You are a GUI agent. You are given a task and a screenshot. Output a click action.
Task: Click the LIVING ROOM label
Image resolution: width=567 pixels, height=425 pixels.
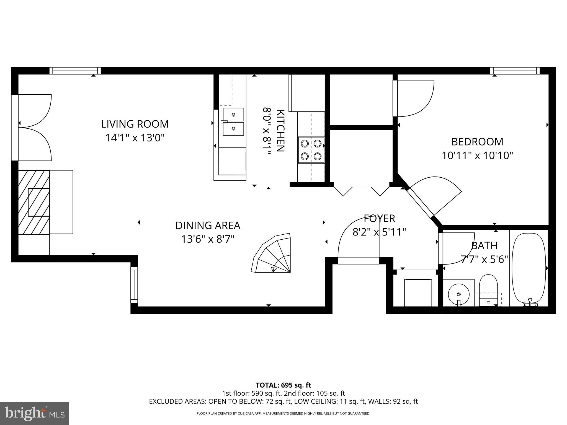[x=135, y=124]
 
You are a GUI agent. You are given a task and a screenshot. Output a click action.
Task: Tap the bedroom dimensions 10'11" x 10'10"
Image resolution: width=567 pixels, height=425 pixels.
[x=477, y=156]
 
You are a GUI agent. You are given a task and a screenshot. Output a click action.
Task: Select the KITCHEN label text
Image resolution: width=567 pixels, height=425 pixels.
[x=280, y=131]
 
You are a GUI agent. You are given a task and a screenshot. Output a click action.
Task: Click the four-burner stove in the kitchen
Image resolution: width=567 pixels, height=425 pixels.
[x=311, y=150]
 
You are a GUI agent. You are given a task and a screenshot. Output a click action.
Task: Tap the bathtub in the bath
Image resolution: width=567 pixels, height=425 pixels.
[x=529, y=268]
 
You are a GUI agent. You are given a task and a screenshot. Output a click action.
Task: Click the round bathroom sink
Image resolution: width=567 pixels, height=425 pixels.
[x=459, y=294]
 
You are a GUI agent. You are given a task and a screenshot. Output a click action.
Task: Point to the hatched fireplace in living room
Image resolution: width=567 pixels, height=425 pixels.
[x=34, y=202]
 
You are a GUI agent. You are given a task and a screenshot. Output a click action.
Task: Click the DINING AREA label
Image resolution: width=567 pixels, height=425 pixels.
[x=208, y=226]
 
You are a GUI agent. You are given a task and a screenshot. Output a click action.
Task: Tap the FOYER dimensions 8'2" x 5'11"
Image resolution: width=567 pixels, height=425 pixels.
[x=379, y=232]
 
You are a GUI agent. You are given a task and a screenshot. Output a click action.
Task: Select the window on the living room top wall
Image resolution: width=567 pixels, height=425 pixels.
[x=75, y=71]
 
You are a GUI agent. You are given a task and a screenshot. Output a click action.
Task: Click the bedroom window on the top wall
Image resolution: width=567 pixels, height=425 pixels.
[x=515, y=71]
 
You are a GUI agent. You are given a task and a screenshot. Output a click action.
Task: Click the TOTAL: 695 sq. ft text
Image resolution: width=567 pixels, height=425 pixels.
[x=283, y=385]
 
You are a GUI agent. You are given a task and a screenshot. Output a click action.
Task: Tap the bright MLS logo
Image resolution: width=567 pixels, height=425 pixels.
[x=35, y=414]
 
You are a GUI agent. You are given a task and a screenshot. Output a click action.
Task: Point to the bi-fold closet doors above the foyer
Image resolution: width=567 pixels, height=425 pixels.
[x=361, y=191]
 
